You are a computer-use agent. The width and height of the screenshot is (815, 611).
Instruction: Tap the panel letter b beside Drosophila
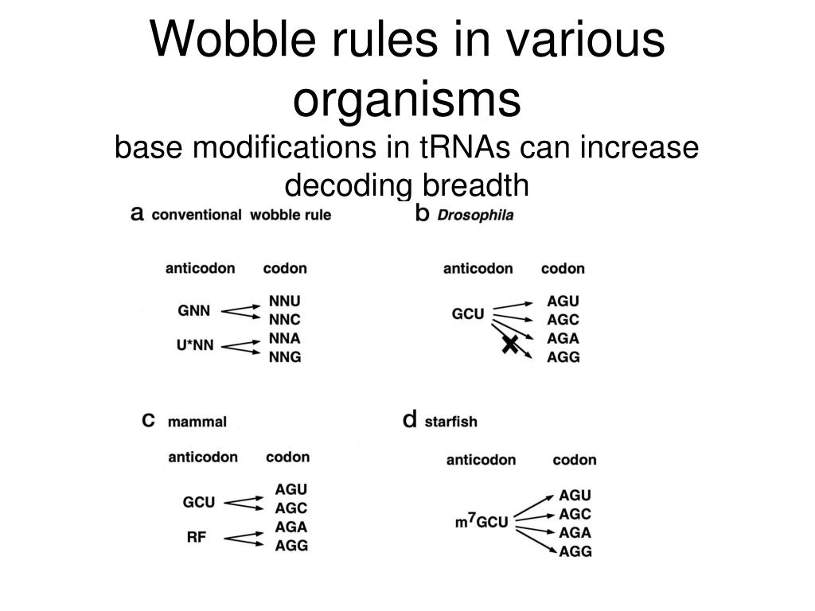click(x=423, y=213)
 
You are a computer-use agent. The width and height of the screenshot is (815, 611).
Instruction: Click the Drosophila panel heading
click(x=476, y=215)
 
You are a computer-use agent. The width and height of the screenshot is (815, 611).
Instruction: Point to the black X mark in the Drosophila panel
click(x=509, y=344)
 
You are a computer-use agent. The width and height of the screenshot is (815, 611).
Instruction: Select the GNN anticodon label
click(x=194, y=311)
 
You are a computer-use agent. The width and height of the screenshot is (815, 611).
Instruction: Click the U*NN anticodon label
click(x=195, y=346)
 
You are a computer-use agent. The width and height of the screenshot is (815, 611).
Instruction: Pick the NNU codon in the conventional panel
click(x=285, y=302)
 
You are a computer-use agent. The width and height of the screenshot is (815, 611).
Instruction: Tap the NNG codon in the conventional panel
click(x=285, y=357)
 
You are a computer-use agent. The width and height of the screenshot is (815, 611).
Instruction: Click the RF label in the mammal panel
click(x=197, y=537)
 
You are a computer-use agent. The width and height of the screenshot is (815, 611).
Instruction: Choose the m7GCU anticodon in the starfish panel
click(x=482, y=522)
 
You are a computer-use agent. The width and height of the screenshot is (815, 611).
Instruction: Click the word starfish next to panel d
click(x=451, y=421)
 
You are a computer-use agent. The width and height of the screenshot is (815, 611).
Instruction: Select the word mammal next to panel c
click(x=197, y=422)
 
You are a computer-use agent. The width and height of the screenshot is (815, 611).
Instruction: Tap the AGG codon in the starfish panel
click(x=575, y=551)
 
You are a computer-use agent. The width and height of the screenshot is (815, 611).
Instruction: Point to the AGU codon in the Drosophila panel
click(x=563, y=302)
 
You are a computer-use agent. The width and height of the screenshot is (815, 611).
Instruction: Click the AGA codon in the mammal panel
click(x=291, y=527)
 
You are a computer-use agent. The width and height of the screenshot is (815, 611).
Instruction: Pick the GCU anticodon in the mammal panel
click(x=199, y=503)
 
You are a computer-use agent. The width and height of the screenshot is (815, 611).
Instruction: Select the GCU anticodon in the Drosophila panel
click(x=468, y=313)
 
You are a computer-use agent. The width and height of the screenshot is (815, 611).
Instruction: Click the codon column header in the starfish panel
click(x=574, y=460)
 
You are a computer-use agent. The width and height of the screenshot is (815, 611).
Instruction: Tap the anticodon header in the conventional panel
click(x=201, y=268)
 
